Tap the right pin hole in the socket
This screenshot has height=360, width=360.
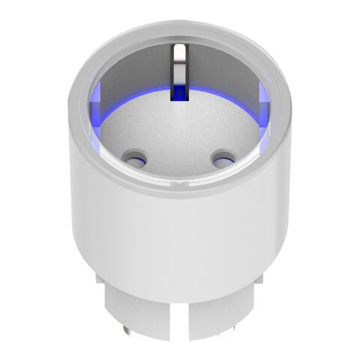click(x=221, y=158)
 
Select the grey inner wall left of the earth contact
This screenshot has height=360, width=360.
click(x=135, y=82)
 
